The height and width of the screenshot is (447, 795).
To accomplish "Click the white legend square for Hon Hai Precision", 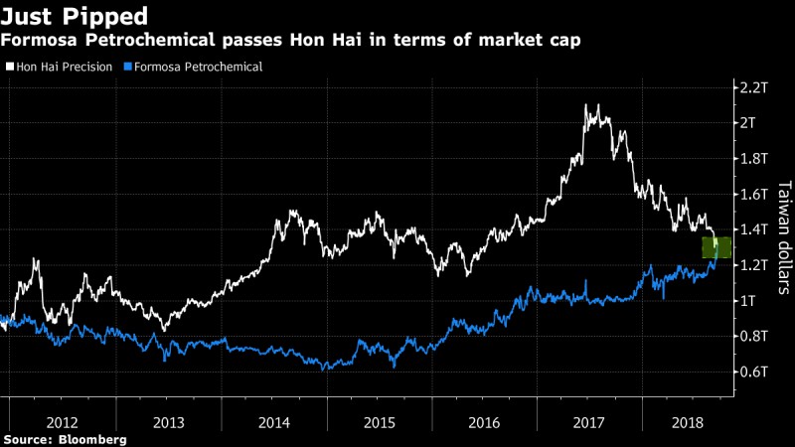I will [x=9, y=67].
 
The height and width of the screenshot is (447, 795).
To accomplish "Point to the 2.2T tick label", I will [x=752, y=87].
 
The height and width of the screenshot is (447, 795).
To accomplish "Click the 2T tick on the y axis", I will [x=748, y=123].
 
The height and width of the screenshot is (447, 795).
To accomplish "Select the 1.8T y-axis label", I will [x=752, y=159].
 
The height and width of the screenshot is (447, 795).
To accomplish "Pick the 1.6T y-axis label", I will [x=752, y=194].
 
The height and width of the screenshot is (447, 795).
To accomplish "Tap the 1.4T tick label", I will [x=752, y=229].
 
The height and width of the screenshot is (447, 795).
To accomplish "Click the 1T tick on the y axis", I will [x=748, y=300].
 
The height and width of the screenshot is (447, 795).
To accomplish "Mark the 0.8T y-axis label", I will [x=752, y=336].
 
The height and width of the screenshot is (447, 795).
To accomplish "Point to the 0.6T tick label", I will [x=752, y=372].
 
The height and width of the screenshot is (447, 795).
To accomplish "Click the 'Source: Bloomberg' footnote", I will [x=65, y=438].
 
